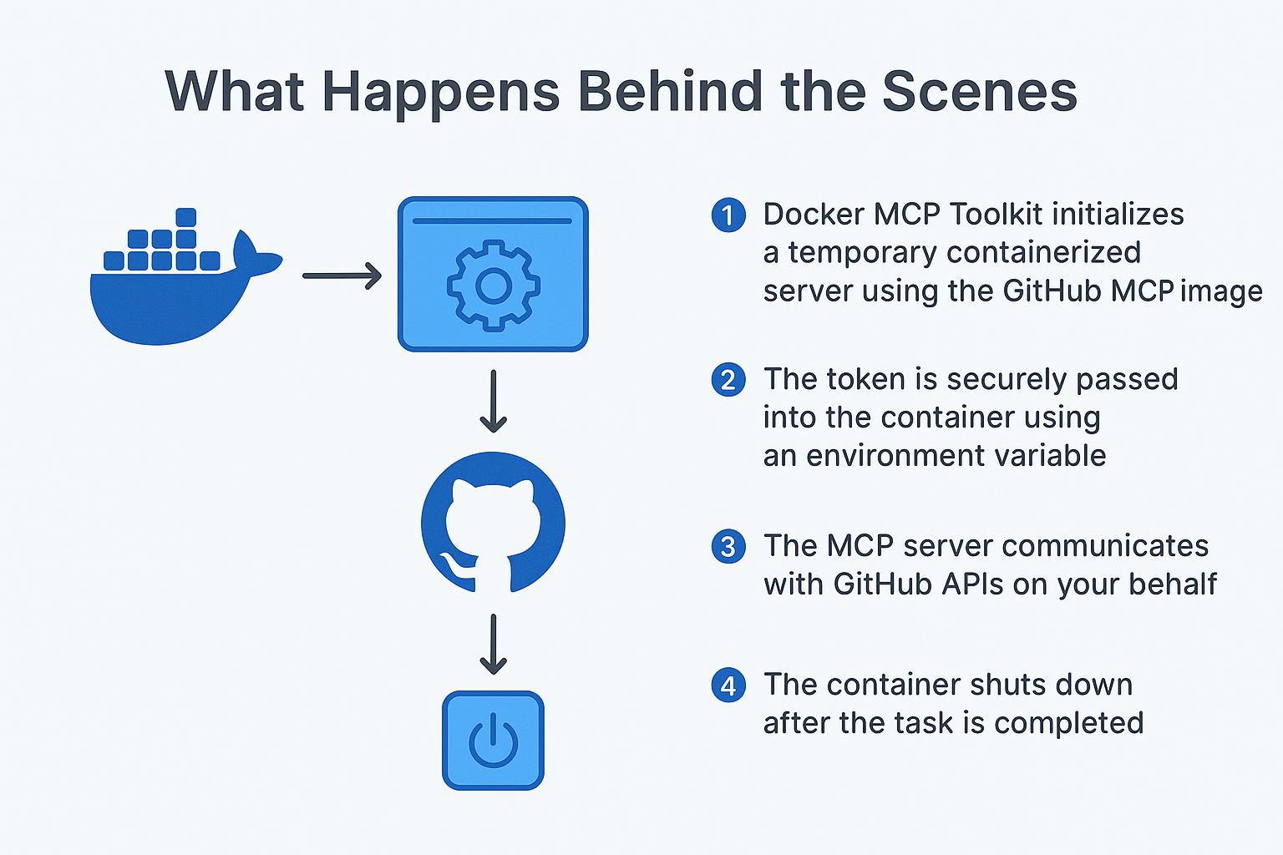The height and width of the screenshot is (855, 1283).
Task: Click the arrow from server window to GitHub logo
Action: [x=493, y=401]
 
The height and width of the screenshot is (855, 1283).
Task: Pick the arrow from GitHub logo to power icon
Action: [x=493, y=644]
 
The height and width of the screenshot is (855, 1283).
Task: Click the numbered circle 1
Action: [x=728, y=215]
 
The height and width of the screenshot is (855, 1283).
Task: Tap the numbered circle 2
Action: [x=728, y=380]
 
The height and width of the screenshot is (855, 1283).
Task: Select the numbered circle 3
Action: [x=728, y=547]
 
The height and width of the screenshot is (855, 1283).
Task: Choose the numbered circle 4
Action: [x=728, y=686]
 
